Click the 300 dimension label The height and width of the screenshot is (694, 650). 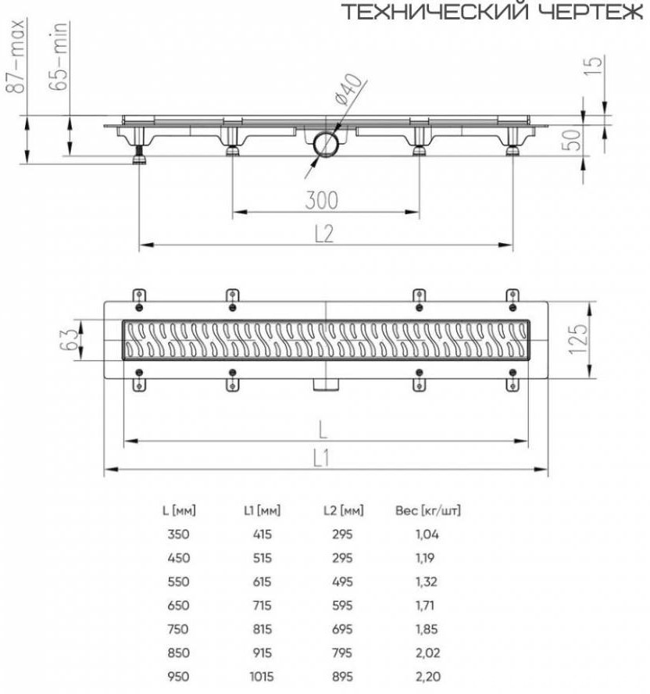tap(322, 200)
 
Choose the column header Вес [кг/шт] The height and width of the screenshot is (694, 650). tap(428, 512)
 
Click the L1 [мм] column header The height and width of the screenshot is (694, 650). tap(261, 512)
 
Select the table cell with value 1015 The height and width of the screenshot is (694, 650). tap(261, 676)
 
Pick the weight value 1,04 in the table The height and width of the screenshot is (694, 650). tap(428, 535)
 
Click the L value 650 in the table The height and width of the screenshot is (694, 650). tap(178, 606)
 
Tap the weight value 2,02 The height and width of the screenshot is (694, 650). tap(428, 653)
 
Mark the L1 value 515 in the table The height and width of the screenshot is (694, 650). tap(261, 559)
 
